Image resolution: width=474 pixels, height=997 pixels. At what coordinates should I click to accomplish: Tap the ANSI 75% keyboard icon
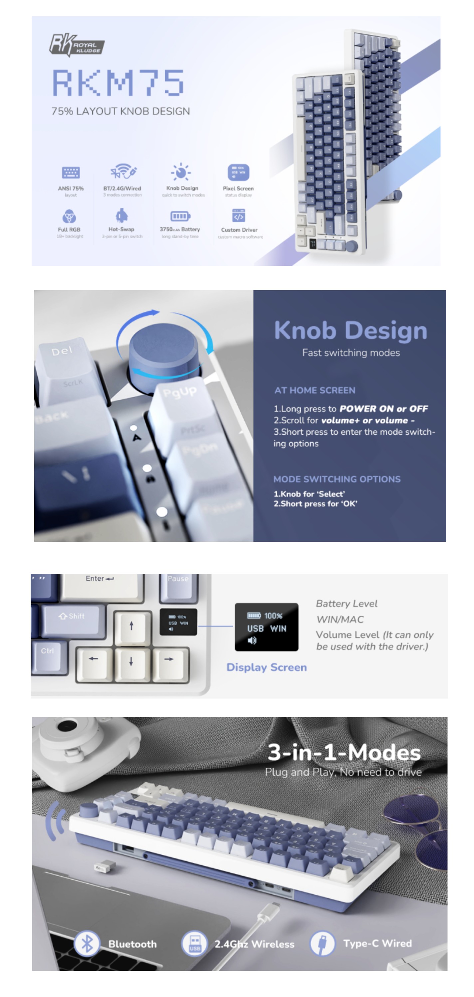tap(71, 172)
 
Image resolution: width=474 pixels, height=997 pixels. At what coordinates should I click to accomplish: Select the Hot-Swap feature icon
tap(121, 215)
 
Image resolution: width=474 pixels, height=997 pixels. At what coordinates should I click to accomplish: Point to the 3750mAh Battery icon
tap(180, 216)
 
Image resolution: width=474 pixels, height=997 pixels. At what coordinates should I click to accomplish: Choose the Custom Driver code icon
tap(238, 216)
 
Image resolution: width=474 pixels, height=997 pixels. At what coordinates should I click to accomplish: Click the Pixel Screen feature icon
tap(238, 172)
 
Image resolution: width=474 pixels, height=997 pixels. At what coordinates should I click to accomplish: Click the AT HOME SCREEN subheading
tap(315, 390)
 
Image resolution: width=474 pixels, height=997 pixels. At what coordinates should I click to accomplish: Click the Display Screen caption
tap(266, 667)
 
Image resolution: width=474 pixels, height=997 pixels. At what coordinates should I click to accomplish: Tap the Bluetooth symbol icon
tap(87, 943)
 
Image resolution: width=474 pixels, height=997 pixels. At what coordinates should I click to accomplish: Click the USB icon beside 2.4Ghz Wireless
tap(195, 943)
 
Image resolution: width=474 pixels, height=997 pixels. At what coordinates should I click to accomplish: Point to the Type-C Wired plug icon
tap(322, 943)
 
